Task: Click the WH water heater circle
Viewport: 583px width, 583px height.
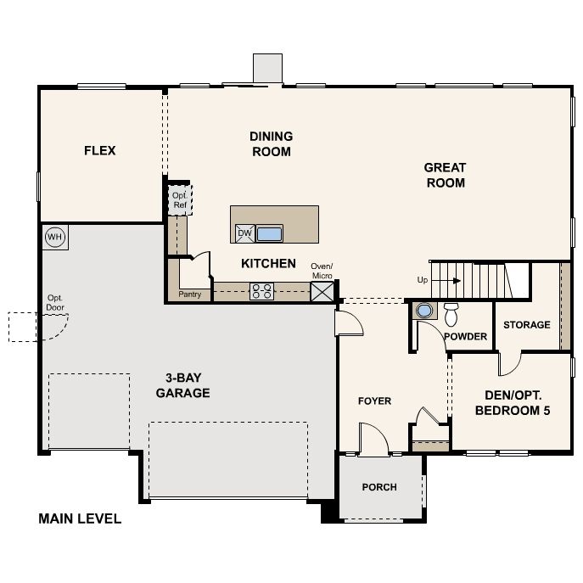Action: [x=55, y=237]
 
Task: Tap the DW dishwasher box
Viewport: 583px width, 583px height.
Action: [x=245, y=233]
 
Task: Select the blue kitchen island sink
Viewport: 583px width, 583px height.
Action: [x=269, y=234]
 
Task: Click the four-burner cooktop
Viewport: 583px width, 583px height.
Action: [x=261, y=291]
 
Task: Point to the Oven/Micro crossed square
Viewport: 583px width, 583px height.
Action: [x=322, y=291]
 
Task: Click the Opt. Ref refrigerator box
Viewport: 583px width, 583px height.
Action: [x=180, y=200]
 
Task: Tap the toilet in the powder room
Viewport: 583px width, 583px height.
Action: [x=451, y=314]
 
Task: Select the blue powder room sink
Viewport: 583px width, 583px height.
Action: [x=424, y=311]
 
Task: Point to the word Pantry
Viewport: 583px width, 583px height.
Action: [x=189, y=294]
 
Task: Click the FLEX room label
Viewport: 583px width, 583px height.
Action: [x=99, y=150]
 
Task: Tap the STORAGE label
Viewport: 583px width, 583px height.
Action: [x=526, y=324]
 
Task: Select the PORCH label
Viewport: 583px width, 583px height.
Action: [x=379, y=487]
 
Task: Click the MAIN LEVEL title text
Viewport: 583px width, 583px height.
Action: [x=80, y=519]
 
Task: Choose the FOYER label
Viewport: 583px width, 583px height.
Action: [x=374, y=401]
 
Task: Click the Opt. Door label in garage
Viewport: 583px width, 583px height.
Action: [x=55, y=303]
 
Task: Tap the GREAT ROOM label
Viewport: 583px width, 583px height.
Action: [x=445, y=175]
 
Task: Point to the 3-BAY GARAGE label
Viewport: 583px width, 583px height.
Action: [x=183, y=385]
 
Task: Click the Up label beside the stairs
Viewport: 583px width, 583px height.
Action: [x=423, y=280]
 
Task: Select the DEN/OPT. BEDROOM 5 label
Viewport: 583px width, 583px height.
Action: [x=513, y=403]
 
